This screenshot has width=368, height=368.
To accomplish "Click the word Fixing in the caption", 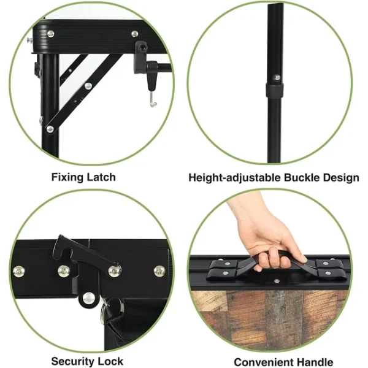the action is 67,177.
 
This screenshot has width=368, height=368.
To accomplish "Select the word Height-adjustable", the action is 235,178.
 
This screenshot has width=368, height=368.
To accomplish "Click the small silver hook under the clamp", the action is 153,99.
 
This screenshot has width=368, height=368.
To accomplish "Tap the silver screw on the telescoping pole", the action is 277,77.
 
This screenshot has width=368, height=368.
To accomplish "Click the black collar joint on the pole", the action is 274,90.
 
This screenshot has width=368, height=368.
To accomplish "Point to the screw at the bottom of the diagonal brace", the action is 50,129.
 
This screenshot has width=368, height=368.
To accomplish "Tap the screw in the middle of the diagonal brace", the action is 88,86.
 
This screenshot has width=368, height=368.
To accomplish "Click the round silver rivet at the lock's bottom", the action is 88,297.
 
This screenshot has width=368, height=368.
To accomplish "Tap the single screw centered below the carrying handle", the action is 277,280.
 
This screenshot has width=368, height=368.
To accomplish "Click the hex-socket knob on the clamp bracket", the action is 142,47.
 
